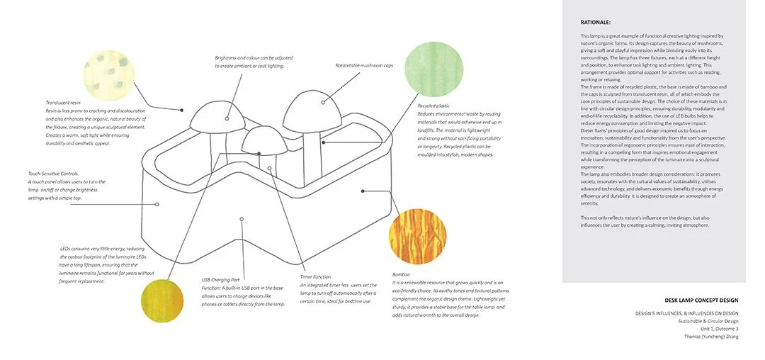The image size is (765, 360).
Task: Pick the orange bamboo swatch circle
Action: pos(417,235)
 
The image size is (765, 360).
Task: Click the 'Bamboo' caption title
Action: pos(402,274)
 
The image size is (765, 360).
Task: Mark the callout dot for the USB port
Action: pos(242,220)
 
